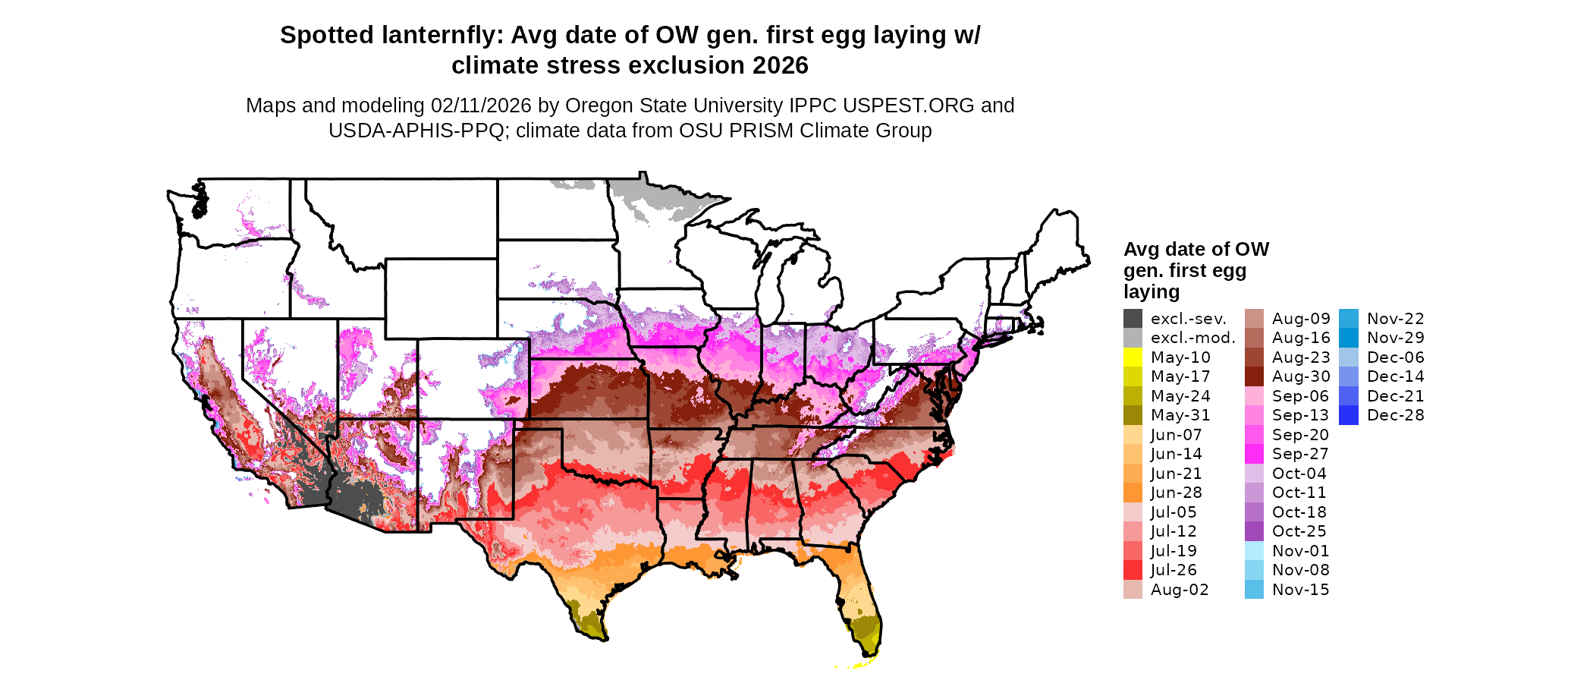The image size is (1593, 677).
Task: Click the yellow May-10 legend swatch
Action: (1133, 357)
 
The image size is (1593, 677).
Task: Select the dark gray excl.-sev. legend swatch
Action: (1133, 319)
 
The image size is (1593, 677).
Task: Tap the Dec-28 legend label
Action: (1395, 415)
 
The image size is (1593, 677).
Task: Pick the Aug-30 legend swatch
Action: (1254, 376)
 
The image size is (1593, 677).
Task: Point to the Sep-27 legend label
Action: (1300, 454)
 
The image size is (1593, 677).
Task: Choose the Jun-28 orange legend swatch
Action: (1133, 493)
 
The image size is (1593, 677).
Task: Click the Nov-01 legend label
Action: (1300, 551)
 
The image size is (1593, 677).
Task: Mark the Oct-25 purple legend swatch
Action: (1254, 531)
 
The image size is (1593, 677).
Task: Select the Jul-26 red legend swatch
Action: (1133, 570)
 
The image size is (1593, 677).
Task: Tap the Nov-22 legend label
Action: (1395, 319)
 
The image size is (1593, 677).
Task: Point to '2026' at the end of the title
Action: (781, 66)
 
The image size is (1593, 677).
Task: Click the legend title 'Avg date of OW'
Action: (1196, 250)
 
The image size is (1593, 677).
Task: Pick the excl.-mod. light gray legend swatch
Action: (1133, 338)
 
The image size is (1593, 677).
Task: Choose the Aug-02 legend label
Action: (1179, 590)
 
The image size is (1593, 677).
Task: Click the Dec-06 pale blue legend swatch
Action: (1348, 357)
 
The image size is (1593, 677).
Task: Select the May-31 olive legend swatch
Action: (1133, 415)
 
